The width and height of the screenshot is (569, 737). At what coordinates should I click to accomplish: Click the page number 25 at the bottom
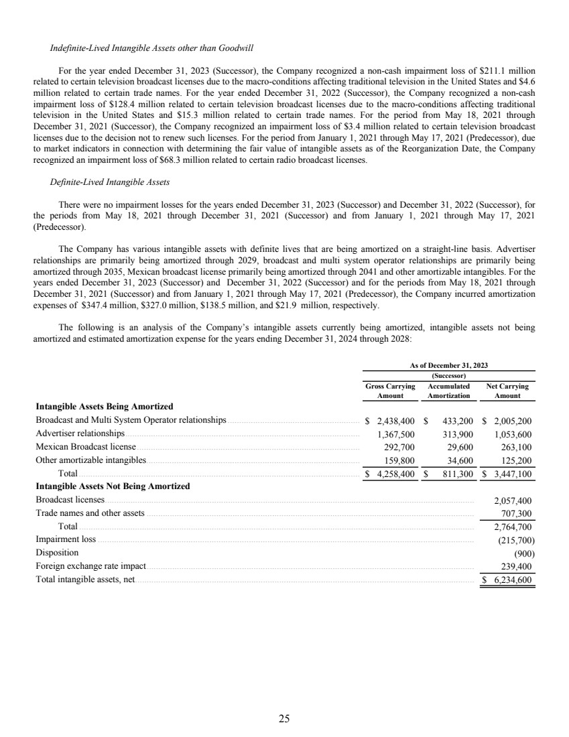pyautogui.click(x=284, y=719)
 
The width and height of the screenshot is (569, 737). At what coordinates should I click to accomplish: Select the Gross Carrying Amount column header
pyautogui.click(x=390, y=391)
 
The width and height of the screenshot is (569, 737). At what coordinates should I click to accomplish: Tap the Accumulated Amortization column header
pyautogui.click(x=448, y=391)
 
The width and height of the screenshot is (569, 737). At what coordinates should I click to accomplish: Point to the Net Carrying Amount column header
pyautogui.click(x=507, y=391)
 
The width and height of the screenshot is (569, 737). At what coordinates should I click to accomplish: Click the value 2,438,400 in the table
pyautogui.click(x=393, y=421)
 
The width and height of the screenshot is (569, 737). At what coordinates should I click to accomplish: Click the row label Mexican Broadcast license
pyautogui.click(x=85, y=448)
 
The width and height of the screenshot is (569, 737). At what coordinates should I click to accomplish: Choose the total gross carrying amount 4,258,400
pyautogui.click(x=393, y=474)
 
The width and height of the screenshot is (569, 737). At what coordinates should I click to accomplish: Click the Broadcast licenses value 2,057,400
pyautogui.click(x=513, y=500)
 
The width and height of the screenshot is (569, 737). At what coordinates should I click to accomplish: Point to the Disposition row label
pyautogui.click(x=57, y=553)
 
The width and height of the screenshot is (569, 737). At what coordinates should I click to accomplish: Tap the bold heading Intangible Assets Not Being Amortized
pyautogui.click(x=113, y=486)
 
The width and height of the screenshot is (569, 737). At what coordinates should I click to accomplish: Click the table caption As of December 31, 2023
pyautogui.click(x=449, y=365)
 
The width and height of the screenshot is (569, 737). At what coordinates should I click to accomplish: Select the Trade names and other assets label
pyautogui.click(x=90, y=513)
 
